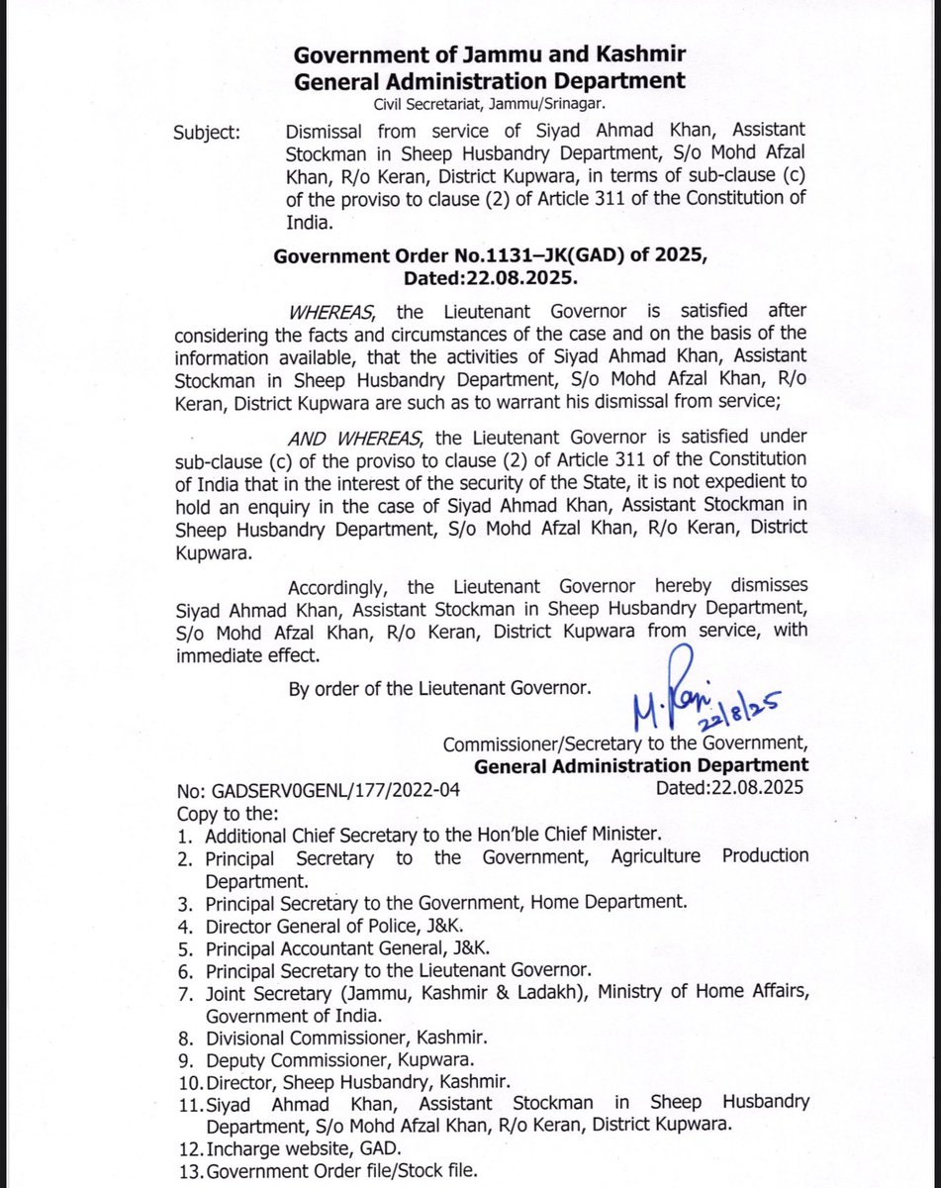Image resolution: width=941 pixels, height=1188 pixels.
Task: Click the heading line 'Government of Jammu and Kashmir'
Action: coord(489,54)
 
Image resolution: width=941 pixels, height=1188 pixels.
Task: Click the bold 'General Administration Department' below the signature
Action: coord(641,765)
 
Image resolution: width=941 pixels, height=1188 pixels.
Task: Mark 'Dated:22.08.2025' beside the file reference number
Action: coord(730,789)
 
